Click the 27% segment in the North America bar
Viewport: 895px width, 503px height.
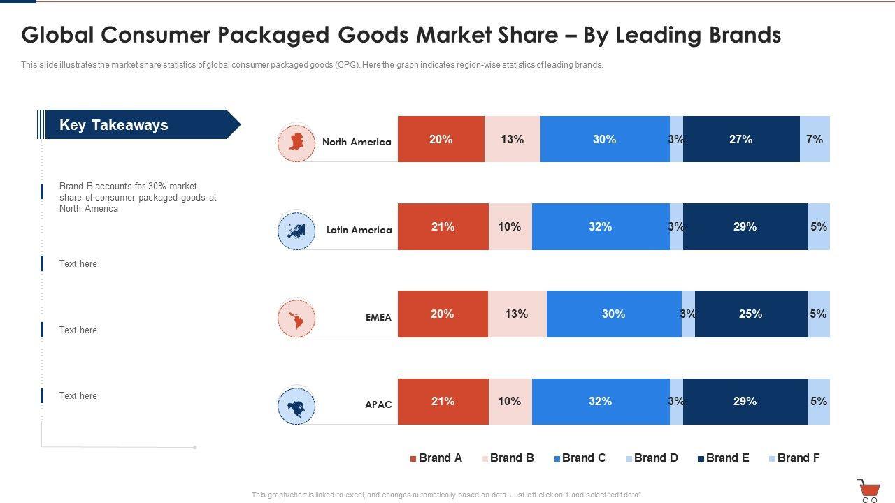[x=741, y=139]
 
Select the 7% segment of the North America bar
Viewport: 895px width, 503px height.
[x=815, y=139]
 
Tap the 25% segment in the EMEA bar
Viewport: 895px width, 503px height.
[x=751, y=314]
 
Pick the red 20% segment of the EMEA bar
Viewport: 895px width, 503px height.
[x=443, y=314]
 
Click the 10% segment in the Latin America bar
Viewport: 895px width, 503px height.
[x=510, y=226]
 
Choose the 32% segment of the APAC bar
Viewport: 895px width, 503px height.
[x=601, y=401]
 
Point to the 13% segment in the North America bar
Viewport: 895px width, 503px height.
[x=512, y=139]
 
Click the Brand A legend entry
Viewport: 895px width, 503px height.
[x=436, y=458]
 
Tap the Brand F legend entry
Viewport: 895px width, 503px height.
[x=794, y=458]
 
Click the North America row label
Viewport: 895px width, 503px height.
[x=357, y=142]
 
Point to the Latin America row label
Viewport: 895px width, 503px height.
[x=359, y=230]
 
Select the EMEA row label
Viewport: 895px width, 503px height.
[x=378, y=317]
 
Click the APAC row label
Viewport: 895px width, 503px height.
[x=378, y=404]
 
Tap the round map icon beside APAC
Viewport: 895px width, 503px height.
[x=296, y=406]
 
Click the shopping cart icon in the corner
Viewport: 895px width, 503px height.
[x=868, y=490]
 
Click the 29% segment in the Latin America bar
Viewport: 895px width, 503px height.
[x=745, y=226]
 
